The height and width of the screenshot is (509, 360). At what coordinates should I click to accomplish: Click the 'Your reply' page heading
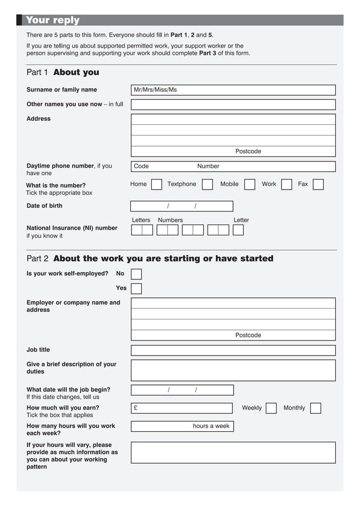click(52, 20)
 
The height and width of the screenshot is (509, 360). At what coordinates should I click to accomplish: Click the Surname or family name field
click(233, 90)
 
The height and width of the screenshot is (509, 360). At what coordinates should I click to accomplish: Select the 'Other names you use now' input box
click(233, 104)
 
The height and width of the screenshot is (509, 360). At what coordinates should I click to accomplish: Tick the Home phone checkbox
click(157, 185)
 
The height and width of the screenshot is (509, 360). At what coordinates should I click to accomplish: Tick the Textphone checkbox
click(207, 185)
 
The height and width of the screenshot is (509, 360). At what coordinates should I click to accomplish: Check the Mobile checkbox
click(249, 185)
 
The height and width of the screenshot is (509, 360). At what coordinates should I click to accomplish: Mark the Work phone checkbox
click(287, 185)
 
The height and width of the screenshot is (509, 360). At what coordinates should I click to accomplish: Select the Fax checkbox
click(318, 185)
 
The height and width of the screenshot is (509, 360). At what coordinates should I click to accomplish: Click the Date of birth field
click(182, 206)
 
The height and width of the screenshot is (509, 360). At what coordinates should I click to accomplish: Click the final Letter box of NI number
click(238, 230)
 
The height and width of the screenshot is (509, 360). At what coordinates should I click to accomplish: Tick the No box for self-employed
click(136, 274)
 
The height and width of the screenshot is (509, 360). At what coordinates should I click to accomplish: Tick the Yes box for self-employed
click(136, 288)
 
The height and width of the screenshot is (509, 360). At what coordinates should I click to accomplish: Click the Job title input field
click(233, 350)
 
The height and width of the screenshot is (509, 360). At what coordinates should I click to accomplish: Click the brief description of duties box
click(233, 370)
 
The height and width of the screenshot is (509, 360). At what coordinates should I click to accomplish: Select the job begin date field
click(182, 390)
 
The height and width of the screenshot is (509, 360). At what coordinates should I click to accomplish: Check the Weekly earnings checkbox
click(271, 408)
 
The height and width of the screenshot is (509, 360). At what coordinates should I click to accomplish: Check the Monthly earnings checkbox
click(315, 408)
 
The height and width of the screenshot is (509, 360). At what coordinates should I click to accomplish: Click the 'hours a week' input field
click(161, 426)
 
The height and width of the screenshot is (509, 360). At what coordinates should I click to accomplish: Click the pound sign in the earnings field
click(135, 408)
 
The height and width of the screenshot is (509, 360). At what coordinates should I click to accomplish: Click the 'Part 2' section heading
click(150, 258)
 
